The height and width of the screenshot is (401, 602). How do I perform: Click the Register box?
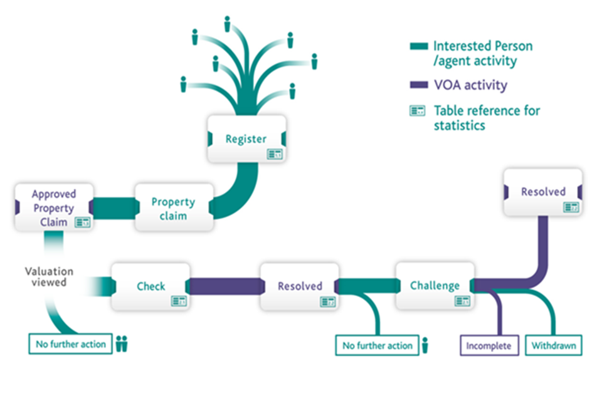(x=246, y=139)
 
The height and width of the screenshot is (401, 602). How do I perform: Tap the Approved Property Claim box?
(x=53, y=207)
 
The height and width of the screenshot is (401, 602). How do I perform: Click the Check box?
(x=150, y=286)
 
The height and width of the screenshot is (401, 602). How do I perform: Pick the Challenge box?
(x=435, y=286)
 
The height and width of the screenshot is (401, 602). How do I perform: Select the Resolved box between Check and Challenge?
(x=299, y=286)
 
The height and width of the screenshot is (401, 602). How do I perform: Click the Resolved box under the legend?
(x=543, y=192)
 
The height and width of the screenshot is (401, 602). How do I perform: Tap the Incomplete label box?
(x=490, y=346)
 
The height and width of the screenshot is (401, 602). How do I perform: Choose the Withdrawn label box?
(x=554, y=346)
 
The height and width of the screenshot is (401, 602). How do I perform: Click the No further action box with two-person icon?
(x=71, y=344)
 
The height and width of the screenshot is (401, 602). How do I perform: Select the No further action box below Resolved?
(x=377, y=345)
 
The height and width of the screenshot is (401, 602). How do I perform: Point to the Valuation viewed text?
(x=49, y=277)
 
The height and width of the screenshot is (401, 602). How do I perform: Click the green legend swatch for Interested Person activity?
(x=418, y=46)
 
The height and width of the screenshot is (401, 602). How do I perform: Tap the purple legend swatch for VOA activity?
(x=418, y=85)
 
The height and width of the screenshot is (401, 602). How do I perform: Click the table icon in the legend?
(x=418, y=111)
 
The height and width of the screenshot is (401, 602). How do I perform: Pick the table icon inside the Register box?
(x=275, y=154)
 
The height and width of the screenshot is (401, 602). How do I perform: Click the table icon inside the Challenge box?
(x=462, y=301)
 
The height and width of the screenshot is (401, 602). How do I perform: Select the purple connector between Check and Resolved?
(x=224, y=286)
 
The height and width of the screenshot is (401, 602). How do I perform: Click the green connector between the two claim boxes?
(x=114, y=207)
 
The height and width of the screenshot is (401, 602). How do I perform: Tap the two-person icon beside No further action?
(x=122, y=343)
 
